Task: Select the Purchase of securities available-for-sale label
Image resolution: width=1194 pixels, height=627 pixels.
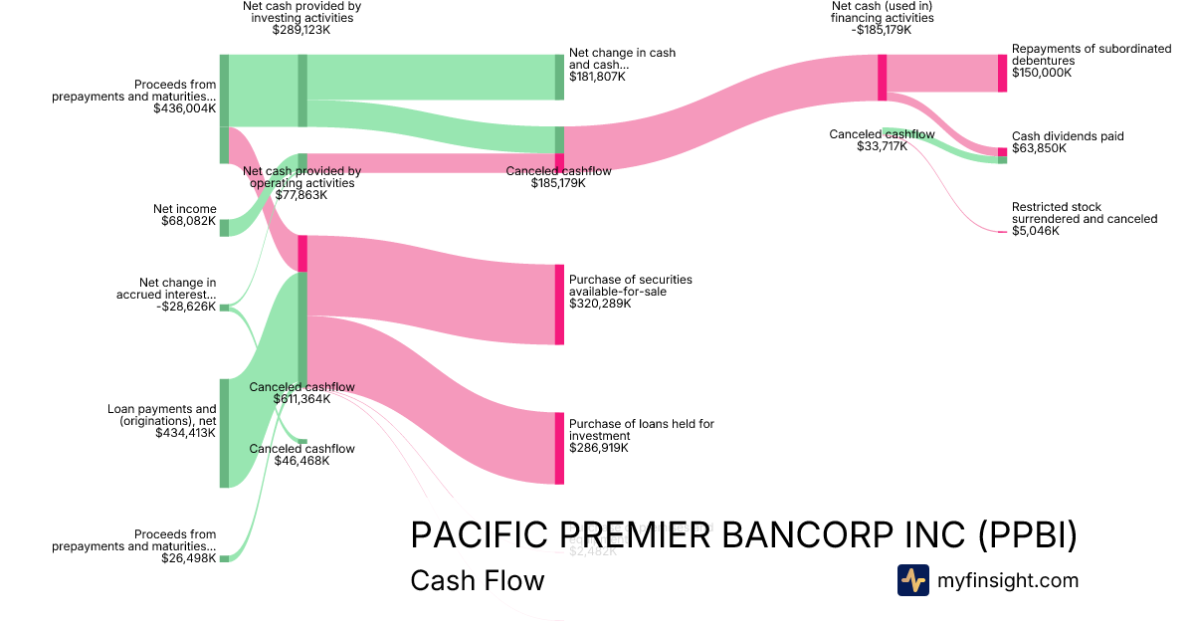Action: coord(630,291)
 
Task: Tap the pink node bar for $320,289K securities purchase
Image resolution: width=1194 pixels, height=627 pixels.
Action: coord(559,305)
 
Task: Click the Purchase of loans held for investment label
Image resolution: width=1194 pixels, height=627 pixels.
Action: coord(641,436)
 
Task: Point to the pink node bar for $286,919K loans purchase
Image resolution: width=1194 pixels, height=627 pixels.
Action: coord(559,448)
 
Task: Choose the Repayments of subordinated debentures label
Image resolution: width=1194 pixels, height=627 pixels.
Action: coord(1091,61)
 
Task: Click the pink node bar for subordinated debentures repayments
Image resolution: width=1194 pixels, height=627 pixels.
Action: coord(1002,73)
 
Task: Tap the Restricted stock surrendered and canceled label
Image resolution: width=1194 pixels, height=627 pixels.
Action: coord(1084,219)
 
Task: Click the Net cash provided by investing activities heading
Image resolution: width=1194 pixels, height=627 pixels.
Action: coord(301,18)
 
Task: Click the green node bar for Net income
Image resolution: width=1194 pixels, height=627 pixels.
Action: coord(224,228)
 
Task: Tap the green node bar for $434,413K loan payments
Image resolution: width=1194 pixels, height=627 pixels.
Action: coord(224,433)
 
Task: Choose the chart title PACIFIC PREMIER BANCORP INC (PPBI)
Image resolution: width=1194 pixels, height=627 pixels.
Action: coord(743,535)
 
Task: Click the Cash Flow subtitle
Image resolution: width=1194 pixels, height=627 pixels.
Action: coord(477,580)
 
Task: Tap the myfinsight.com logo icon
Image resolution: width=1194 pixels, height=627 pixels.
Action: coord(912,580)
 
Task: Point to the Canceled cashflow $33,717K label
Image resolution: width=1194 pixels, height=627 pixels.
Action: coord(881,140)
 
